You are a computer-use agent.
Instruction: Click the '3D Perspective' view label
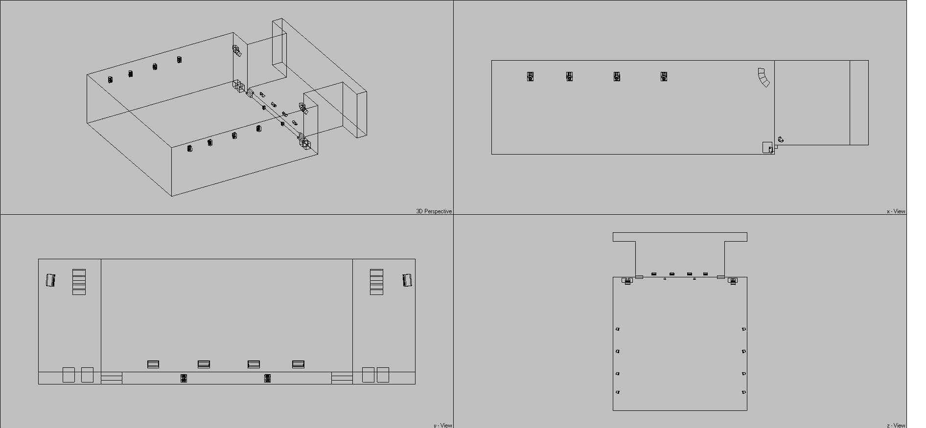[434, 211]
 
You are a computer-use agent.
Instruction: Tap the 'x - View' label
[896, 211]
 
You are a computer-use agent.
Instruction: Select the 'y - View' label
[442, 425]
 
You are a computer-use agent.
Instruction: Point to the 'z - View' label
[896, 425]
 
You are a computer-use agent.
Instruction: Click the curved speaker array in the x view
[764, 77]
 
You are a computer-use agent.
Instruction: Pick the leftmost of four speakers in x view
[530, 76]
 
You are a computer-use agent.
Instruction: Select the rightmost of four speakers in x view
[664, 76]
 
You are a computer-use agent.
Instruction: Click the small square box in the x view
[767, 147]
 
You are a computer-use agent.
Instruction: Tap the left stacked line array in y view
[79, 282]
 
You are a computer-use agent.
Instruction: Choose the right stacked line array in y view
[376, 282]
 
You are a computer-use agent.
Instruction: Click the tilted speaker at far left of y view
[50, 280]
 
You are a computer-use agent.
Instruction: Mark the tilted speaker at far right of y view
[407, 280]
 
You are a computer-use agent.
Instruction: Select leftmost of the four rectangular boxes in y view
[153, 364]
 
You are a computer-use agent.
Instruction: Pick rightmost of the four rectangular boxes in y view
[299, 364]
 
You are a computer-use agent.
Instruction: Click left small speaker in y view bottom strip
[184, 378]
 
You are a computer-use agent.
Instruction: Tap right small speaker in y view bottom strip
[267, 378]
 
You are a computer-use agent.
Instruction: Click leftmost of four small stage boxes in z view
[654, 274]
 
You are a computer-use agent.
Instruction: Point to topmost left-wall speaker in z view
[618, 329]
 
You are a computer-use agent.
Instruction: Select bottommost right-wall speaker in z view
[743, 392]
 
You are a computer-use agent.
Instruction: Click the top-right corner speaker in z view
[733, 281]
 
